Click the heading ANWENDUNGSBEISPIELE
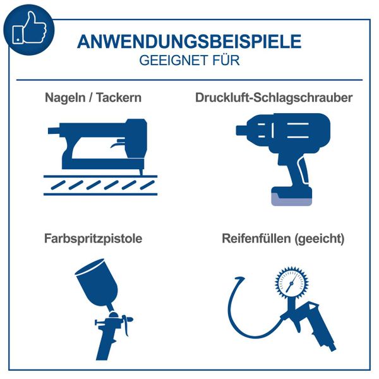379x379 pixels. click(x=189, y=42)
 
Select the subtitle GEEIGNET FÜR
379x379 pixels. click(x=189, y=61)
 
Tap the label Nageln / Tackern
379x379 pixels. click(x=93, y=98)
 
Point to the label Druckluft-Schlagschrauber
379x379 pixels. click(x=274, y=98)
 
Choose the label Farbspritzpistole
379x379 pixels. click(x=93, y=239)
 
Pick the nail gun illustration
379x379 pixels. click(x=95, y=142)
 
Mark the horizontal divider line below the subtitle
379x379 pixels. click(x=189, y=80)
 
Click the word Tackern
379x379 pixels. click(x=120, y=98)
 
